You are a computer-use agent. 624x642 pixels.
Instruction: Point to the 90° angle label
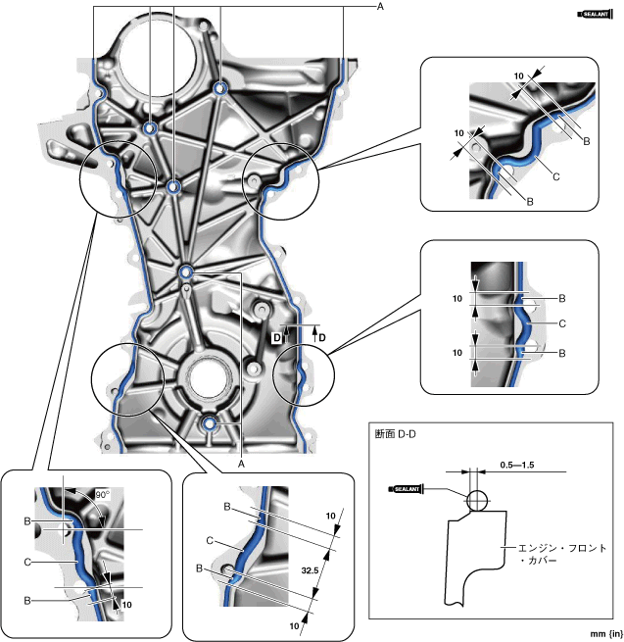101,495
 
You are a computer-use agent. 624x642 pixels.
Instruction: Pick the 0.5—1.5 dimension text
515,463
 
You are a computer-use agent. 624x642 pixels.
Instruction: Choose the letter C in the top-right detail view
555,176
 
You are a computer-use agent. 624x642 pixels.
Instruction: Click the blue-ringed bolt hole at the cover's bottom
210,424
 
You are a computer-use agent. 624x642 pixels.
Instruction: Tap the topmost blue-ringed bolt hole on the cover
219,91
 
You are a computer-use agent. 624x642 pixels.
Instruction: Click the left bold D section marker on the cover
277,337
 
